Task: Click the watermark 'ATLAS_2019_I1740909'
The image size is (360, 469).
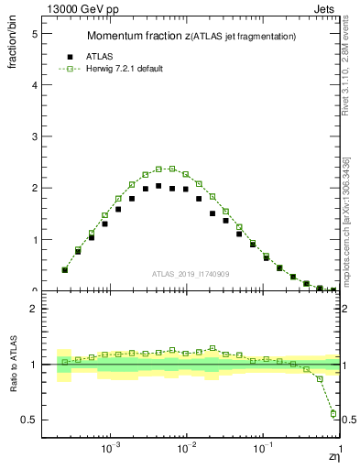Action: pos(191,275)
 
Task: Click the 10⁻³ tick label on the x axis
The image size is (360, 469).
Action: pos(111,450)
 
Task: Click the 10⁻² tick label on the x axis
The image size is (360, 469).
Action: pos(187,450)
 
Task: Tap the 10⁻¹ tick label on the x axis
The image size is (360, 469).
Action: pos(263,450)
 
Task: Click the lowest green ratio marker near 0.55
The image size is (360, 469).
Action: pos(333,413)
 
